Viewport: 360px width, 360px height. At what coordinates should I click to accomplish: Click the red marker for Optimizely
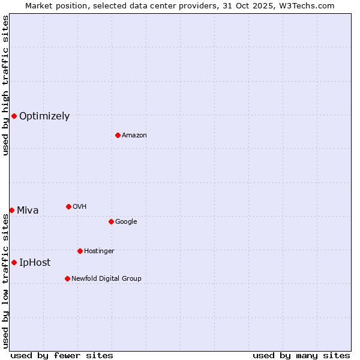(14, 116)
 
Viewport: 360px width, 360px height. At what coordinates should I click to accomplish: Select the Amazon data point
(118, 135)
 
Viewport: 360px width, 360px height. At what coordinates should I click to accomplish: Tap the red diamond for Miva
(11, 210)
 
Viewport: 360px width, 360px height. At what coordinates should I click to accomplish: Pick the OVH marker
(68, 206)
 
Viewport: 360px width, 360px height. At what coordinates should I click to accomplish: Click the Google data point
(111, 221)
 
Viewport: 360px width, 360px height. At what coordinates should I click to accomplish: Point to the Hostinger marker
(80, 251)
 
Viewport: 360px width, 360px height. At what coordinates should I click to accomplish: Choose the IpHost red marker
(14, 262)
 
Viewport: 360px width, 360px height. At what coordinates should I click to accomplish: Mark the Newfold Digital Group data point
(67, 278)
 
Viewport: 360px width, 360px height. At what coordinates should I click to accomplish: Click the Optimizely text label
(44, 116)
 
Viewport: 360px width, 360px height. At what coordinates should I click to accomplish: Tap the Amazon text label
(134, 136)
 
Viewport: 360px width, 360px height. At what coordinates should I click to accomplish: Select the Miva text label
(28, 211)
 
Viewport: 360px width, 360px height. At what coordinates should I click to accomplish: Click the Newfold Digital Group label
(106, 278)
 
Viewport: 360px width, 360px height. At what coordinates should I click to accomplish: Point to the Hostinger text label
(99, 251)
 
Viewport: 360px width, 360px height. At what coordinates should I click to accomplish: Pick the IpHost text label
(35, 263)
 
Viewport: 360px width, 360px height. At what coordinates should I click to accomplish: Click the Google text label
(126, 222)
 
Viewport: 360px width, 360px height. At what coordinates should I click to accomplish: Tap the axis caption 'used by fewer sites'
(62, 355)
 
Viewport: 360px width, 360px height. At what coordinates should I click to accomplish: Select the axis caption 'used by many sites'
(301, 355)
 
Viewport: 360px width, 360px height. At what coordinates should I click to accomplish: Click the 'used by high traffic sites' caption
(5, 85)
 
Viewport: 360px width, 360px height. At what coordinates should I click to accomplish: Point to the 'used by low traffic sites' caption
(5, 281)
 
